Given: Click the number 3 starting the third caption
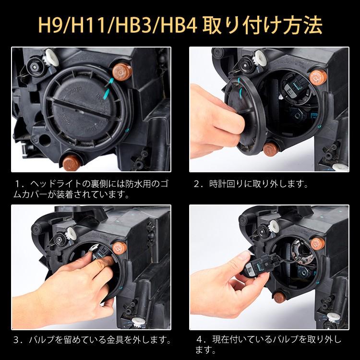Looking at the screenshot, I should (18, 340).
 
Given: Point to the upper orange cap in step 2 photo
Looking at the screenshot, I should (317, 75).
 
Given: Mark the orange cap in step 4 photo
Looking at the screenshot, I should (318, 246).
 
